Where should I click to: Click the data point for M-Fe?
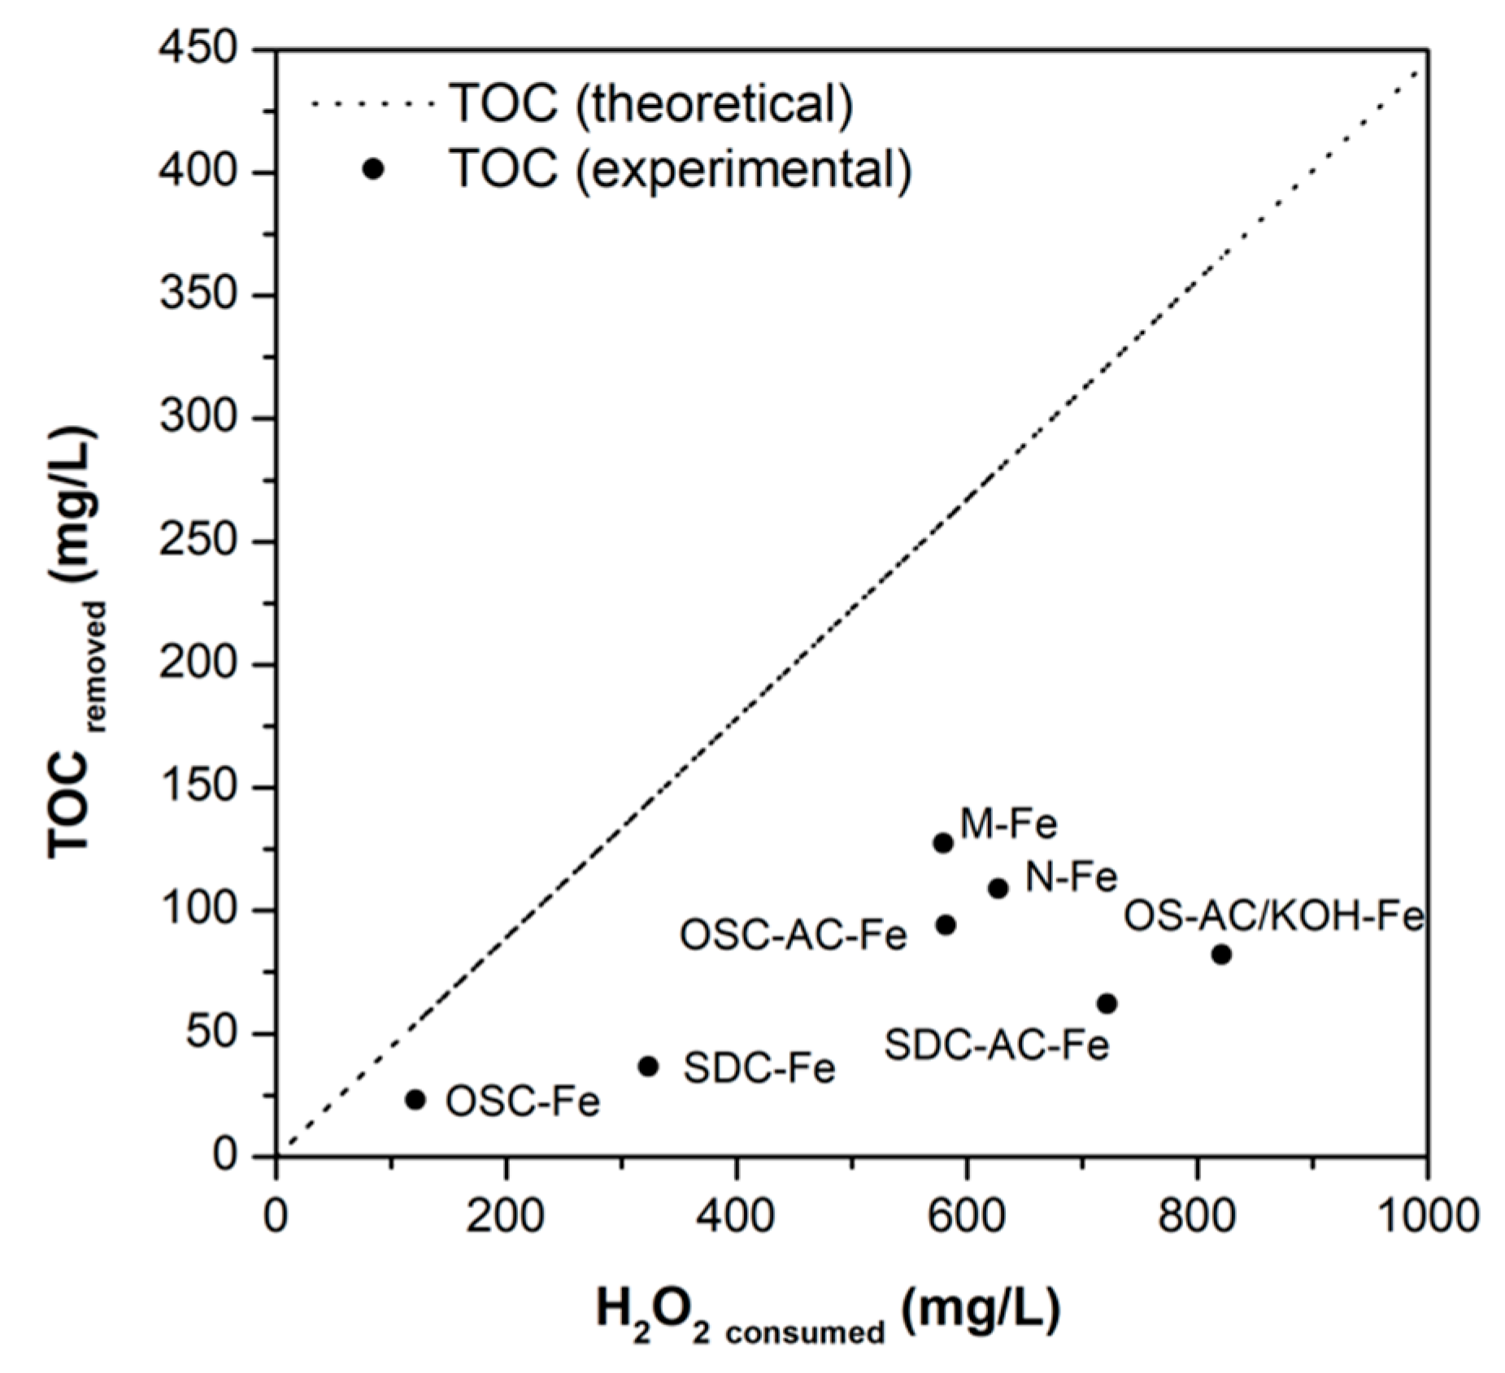pos(943,843)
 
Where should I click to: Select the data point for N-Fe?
pos(998,889)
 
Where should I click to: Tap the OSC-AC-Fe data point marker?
pos(946,925)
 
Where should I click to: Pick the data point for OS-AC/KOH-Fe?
pos(1221,954)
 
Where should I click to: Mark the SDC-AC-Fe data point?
pos(1107,1004)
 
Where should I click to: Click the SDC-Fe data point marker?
pos(648,1067)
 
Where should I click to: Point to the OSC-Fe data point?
pos(415,1100)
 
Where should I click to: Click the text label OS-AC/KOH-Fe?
pos(1273,917)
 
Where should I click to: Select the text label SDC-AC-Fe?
pos(997,1045)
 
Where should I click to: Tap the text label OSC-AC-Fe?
pos(793,936)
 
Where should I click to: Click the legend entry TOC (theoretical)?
pos(650,103)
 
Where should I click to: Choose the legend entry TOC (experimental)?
pos(680,169)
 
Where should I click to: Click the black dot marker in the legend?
pos(373,169)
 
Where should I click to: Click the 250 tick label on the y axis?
pos(198,541)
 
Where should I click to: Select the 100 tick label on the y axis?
pos(198,910)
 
